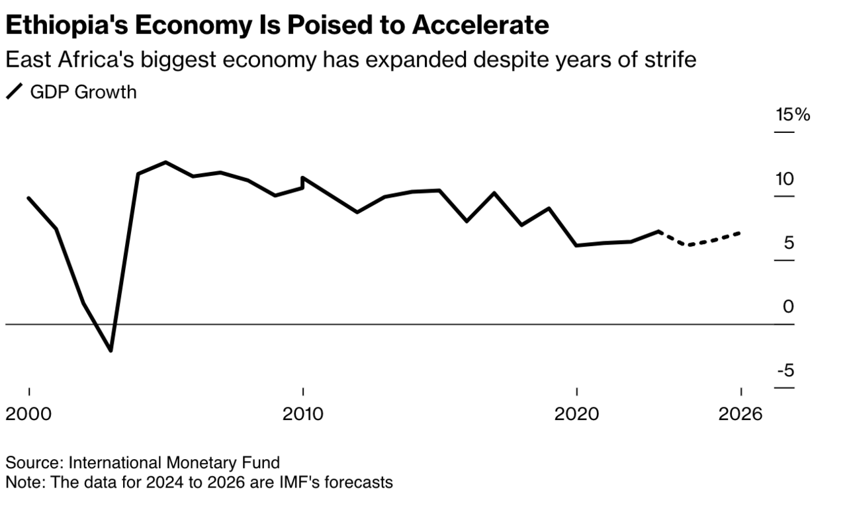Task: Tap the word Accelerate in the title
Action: [x=480, y=25]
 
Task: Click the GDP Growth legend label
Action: [x=83, y=92]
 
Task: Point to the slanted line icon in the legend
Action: [x=14, y=92]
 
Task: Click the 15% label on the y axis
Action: [x=793, y=114]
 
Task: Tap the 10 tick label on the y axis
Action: [x=785, y=179]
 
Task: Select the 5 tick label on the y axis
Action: [x=788, y=243]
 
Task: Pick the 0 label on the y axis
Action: [x=788, y=307]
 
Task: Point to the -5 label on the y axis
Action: [x=785, y=371]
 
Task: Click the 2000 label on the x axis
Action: [x=28, y=414]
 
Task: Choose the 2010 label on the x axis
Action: [x=303, y=414]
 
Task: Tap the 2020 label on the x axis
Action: [x=576, y=414]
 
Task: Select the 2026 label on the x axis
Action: [x=741, y=414]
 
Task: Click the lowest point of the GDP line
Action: [x=111, y=351]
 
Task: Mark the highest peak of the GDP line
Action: [x=165, y=162]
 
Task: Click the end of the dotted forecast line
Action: [x=741, y=233]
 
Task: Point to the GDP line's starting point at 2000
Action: [x=28, y=198]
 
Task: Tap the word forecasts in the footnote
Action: [x=358, y=482]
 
